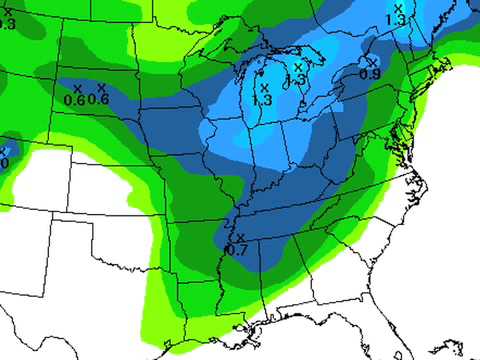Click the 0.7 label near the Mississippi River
click(237, 249)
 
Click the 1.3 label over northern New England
click(395, 19)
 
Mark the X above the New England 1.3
click(398, 8)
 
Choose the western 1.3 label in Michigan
click(263, 99)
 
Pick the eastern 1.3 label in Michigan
click(296, 79)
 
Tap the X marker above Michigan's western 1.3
click(263, 87)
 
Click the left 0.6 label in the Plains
click(74, 99)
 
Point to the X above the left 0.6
click(77, 88)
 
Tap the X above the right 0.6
click(101, 86)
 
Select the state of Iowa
click(195, 115)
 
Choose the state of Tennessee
click(290, 205)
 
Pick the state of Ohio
click(320, 130)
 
